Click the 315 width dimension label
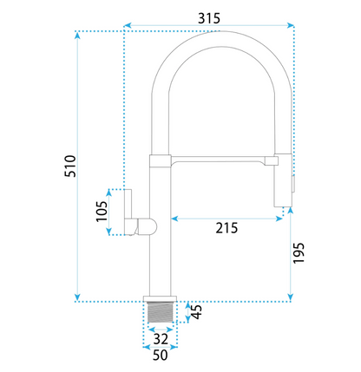click(209, 18)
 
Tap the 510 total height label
click(70, 166)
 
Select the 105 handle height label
click(102, 212)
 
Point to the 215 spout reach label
click(226, 228)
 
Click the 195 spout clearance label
click(299, 253)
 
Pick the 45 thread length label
click(197, 311)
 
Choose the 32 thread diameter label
click(161, 339)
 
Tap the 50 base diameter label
click(160, 355)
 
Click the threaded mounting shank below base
click(161, 312)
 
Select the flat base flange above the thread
click(160, 298)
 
